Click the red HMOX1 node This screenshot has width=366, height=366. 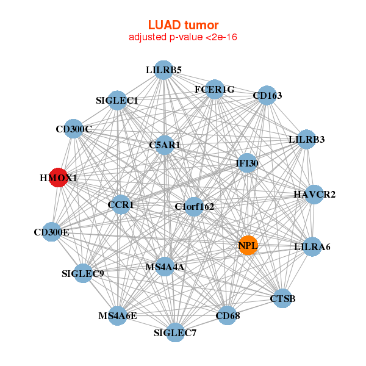(x=58, y=178)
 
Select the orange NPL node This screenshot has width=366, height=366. (x=248, y=245)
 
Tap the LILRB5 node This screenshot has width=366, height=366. (x=163, y=70)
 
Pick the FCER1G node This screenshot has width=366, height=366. (x=215, y=90)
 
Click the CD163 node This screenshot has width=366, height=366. (x=267, y=96)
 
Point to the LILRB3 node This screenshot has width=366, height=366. (x=306, y=140)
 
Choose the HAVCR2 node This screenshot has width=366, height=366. (x=314, y=195)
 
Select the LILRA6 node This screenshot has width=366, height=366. (x=312, y=247)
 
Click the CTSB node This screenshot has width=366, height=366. (x=282, y=298)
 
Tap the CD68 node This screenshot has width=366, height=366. (x=227, y=315)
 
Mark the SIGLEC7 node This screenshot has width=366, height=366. (x=175, y=332)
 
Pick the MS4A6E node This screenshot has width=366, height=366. (x=118, y=315)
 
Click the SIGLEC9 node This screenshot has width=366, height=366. (x=83, y=273)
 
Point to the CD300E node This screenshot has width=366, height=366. (x=52, y=232)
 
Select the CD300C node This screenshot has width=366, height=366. (x=73, y=129)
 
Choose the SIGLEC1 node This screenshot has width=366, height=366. (x=117, y=100)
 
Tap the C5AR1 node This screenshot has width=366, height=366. (x=163, y=145)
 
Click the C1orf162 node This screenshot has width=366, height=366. (x=194, y=207)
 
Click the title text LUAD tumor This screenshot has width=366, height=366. (x=183, y=25)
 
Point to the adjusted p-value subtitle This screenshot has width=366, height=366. (x=183, y=37)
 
